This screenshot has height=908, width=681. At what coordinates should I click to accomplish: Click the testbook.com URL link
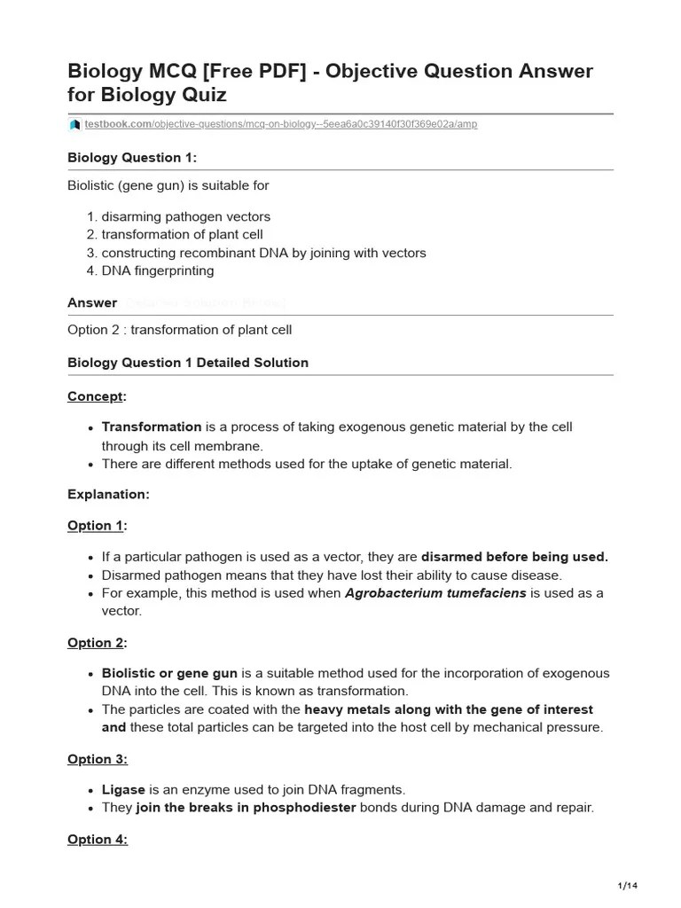click(x=280, y=124)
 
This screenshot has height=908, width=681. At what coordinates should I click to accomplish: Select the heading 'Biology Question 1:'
click(x=132, y=158)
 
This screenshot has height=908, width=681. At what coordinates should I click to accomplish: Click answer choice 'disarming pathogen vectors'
click(x=186, y=216)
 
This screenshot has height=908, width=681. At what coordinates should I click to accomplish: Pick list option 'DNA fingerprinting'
click(x=158, y=270)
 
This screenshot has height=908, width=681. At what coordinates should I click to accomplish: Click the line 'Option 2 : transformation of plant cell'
click(x=179, y=330)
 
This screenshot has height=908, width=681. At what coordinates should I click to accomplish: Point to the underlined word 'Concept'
click(x=96, y=395)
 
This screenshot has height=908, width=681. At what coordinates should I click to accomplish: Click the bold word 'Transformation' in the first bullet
click(x=152, y=427)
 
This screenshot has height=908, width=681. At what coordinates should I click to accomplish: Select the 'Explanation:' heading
click(x=108, y=495)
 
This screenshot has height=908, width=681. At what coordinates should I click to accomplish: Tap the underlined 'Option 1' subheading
click(x=96, y=526)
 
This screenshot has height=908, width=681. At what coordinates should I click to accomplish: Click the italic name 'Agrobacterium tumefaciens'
click(x=435, y=593)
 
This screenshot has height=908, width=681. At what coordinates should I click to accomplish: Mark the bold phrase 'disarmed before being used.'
click(x=514, y=557)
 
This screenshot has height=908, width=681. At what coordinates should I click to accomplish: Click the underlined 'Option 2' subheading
click(x=96, y=643)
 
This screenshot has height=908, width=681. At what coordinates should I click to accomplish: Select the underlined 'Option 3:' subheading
click(x=98, y=759)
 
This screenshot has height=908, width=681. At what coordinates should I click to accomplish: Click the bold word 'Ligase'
click(x=123, y=789)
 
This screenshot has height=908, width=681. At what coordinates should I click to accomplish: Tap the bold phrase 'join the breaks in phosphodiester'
click(x=246, y=808)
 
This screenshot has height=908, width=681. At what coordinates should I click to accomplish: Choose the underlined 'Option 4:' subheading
click(x=98, y=839)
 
